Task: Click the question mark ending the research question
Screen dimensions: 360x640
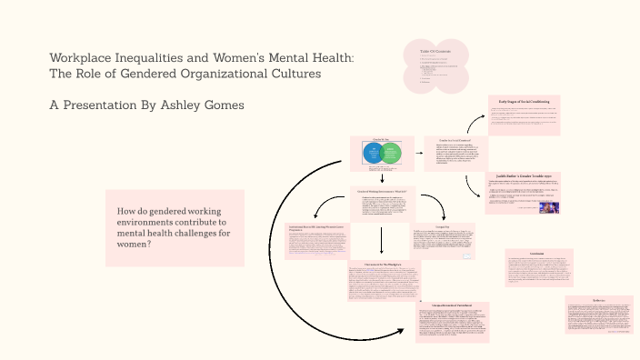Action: pos(148,245)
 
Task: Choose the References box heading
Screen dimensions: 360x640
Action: pos(597,300)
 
